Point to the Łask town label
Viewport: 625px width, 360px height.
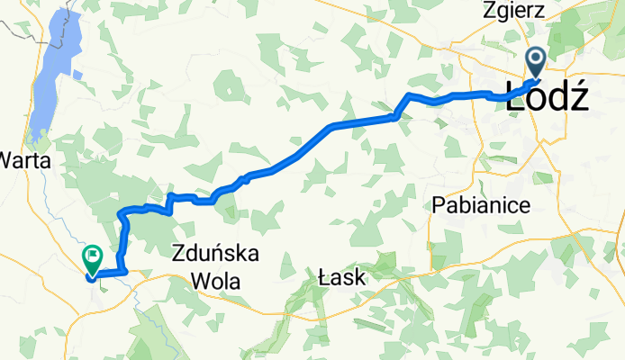click(x=342, y=279)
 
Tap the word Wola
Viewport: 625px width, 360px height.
click(x=216, y=280)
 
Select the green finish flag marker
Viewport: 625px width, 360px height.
click(x=93, y=259)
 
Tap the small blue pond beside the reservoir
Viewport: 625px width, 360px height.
click(x=77, y=74)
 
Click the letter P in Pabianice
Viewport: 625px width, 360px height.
click(x=439, y=204)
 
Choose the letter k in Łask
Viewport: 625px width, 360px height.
click(x=359, y=279)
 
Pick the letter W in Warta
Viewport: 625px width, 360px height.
click(x=9, y=161)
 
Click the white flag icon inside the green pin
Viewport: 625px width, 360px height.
click(x=93, y=256)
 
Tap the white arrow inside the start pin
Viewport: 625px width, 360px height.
click(x=535, y=60)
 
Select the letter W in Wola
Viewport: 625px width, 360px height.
click(x=198, y=280)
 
